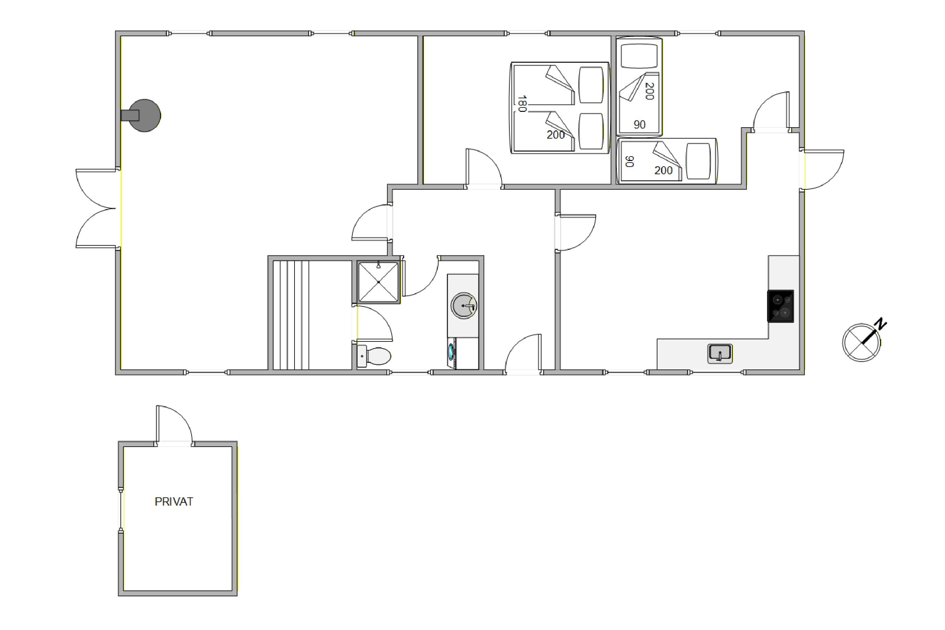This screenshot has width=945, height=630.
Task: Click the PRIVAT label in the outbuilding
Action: click(174, 501)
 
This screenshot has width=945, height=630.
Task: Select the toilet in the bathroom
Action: click(374, 356)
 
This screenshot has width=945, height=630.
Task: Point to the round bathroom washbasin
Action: click(464, 306)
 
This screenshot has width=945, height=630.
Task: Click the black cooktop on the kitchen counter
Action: click(780, 306)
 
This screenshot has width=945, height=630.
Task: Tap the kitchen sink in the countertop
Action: click(720, 353)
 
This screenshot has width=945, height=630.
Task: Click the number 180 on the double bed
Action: click(522, 104)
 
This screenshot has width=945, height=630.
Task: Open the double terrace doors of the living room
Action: click(96, 208)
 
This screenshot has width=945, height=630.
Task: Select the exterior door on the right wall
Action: click(822, 169)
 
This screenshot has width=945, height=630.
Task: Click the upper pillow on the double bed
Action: click(591, 85)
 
